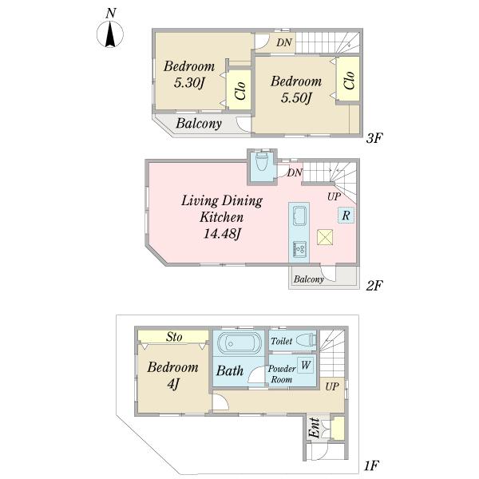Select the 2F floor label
(x=376, y=285)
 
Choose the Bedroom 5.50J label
(x=295, y=89)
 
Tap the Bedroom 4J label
(x=172, y=375)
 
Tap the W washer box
(x=306, y=366)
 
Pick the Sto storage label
(x=174, y=338)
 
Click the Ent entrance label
(x=315, y=429)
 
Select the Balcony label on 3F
(x=199, y=124)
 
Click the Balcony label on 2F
(x=308, y=279)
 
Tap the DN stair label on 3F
(x=285, y=42)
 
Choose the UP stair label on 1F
(x=331, y=386)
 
